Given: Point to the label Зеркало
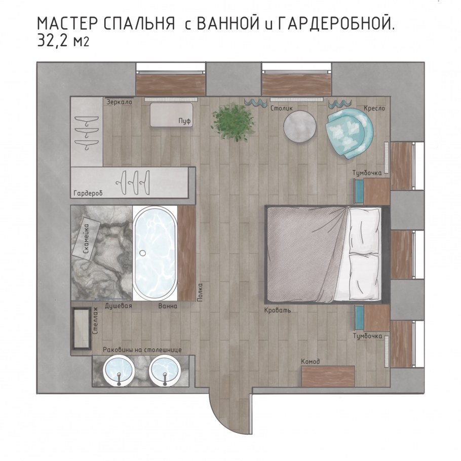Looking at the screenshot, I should click(x=119, y=102).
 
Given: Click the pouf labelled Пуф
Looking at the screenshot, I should click(x=171, y=115).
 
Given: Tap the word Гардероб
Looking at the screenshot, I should click(x=88, y=194).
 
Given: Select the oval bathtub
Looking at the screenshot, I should click(x=155, y=253).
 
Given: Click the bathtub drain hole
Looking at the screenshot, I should click(x=143, y=252).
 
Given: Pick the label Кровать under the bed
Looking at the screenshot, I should click(x=278, y=310).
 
